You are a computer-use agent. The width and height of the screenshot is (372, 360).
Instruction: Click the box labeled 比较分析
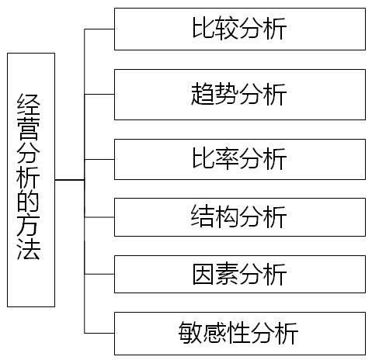pyautogui.click(x=240, y=29)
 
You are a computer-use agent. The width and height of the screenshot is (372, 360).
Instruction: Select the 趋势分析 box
pyautogui.click(x=240, y=95)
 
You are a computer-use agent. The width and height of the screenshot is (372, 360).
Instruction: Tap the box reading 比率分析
pyautogui.click(x=240, y=159)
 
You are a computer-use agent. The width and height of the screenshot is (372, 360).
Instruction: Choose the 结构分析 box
pyautogui.click(x=240, y=217)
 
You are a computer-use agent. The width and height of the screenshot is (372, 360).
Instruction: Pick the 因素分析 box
pyautogui.click(x=240, y=274)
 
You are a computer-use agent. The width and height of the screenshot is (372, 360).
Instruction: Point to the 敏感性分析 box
pyautogui.click(x=240, y=334)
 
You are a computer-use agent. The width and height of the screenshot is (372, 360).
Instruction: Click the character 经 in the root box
pyautogui.click(x=29, y=105)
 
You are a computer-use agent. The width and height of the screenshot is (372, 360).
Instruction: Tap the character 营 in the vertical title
pyautogui.click(x=29, y=129)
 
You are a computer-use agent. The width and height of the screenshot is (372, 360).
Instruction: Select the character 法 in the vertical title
pyautogui.click(x=29, y=250)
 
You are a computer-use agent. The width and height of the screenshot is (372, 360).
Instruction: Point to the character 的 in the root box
pyautogui.click(x=29, y=201)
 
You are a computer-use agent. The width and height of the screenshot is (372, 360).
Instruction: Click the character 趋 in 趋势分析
pyautogui.click(x=203, y=94)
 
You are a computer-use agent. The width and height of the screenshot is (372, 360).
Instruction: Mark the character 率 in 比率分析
pyautogui.click(x=227, y=158)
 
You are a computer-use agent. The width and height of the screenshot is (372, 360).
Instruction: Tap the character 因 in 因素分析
pyautogui.click(x=203, y=274)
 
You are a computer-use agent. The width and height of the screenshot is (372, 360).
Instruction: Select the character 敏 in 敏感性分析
pyautogui.click(x=190, y=333)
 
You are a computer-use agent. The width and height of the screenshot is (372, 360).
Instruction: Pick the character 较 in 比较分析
pyautogui.click(x=227, y=29)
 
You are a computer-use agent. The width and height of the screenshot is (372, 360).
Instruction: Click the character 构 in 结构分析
pyautogui.click(x=227, y=216)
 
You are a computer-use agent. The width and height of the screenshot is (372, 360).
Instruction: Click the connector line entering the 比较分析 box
pyautogui.click(x=99, y=29)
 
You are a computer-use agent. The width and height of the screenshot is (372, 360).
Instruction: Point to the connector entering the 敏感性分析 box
pyautogui.click(x=99, y=333)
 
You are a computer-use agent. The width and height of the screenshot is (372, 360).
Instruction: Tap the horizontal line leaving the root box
pyautogui.click(x=70, y=180)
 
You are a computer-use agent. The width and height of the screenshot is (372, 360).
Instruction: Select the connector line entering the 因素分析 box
pyautogui.click(x=99, y=274)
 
